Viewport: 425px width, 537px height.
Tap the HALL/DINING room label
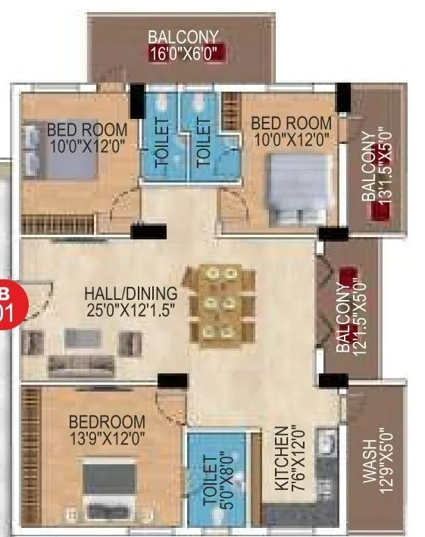[x=130, y=293]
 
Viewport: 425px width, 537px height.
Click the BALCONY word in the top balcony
[x=183, y=36]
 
